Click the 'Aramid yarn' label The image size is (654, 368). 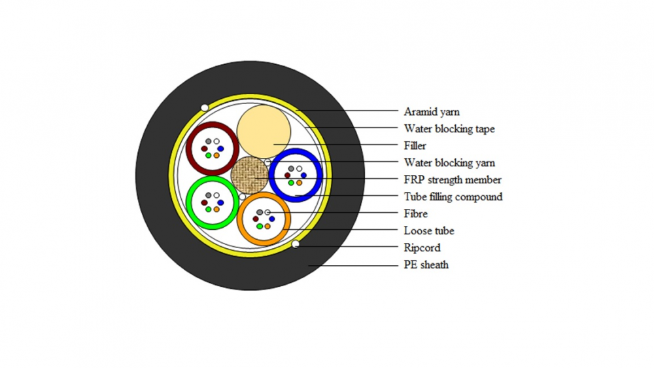[432, 112]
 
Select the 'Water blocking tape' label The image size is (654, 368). [449, 128]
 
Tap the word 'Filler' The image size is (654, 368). [415, 146]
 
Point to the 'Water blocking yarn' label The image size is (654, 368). [449, 163]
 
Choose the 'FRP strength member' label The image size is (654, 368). [453, 180]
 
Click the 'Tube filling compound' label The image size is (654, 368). [453, 196]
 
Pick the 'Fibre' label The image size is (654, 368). [415, 214]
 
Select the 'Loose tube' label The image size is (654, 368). [429, 231]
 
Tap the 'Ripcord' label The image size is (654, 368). [422, 248]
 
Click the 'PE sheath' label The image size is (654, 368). [426, 265]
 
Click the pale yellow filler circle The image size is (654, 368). [264, 132]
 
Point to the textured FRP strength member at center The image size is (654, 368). [249, 175]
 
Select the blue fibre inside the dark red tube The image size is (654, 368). [220, 149]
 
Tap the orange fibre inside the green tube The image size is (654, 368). [216, 210]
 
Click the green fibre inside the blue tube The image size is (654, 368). [291, 183]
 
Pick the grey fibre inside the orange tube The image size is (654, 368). [260, 212]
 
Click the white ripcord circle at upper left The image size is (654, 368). [204, 108]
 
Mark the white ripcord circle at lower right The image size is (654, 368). [296, 244]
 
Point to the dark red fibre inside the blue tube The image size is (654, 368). [287, 175]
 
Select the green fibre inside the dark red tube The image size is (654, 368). [208, 155]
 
